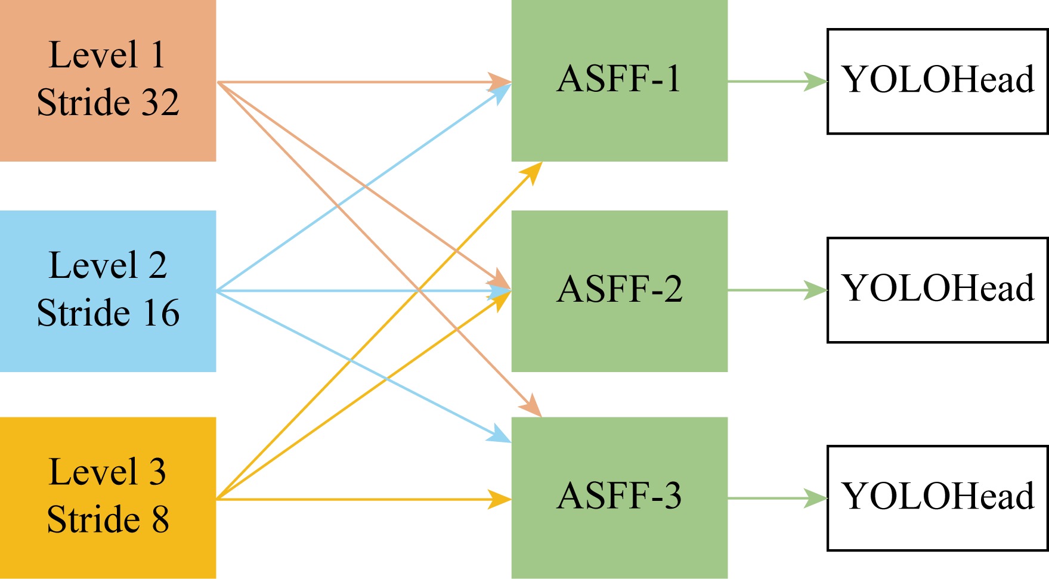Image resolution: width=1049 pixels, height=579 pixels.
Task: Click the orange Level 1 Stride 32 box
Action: coord(107,80)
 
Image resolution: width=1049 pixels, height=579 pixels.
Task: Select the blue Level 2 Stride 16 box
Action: coord(107,291)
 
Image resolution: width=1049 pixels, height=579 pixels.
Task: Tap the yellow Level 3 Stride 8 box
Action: coord(107,497)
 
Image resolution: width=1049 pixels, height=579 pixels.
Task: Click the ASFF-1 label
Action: coord(619,79)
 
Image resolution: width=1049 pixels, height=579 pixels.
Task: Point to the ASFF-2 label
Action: coord(619,289)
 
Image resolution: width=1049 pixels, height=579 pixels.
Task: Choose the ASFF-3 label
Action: coord(619,496)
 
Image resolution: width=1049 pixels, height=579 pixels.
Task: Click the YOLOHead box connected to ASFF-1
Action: coord(937,81)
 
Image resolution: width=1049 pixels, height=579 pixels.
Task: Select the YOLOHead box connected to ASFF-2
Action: coord(937,290)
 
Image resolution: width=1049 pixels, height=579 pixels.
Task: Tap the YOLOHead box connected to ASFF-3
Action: coord(937,497)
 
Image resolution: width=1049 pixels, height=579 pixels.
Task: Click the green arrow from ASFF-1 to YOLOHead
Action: coord(775,81)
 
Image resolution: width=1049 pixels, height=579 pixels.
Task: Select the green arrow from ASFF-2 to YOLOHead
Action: coord(775,290)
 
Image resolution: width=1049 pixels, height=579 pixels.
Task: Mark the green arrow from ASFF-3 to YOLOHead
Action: coord(775,498)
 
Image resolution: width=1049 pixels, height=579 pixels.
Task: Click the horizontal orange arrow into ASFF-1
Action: coord(358,82)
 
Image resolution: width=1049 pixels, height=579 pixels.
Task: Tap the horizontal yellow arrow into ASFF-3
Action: coord(358,499)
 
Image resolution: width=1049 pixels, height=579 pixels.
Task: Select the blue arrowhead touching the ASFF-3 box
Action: coord(500,435)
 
